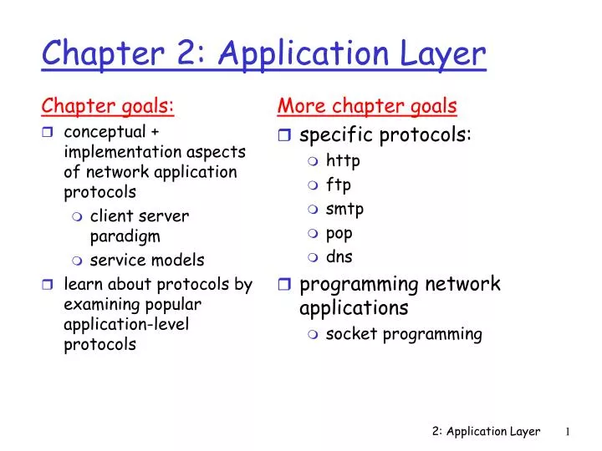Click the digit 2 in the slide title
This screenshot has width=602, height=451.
pos(188,53)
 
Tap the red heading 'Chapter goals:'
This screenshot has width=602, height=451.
pos(108,106)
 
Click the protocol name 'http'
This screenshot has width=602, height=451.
pos(343,161)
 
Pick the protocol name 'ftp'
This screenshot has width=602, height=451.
pos(339,185)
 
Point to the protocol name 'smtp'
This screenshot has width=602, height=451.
pos(344,210)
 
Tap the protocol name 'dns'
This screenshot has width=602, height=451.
pos(339,256)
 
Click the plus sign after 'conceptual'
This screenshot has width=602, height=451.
pos(155,132)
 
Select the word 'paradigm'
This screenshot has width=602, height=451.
pos(125,236)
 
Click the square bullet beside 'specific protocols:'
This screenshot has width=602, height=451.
pos(284,134)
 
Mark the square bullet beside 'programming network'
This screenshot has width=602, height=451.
pos(284,284)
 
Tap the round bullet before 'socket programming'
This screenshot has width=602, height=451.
pos(313,334)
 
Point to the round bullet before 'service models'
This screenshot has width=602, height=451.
pos(77,261)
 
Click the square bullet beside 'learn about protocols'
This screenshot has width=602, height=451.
pos(47,285)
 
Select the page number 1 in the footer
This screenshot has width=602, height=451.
pos(568,432)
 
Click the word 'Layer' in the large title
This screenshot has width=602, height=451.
pos(442,54)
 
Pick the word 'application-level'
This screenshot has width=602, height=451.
pos(126,325)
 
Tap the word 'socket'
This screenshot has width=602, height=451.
pos(351,334)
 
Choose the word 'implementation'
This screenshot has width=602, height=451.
pos(123,152)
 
